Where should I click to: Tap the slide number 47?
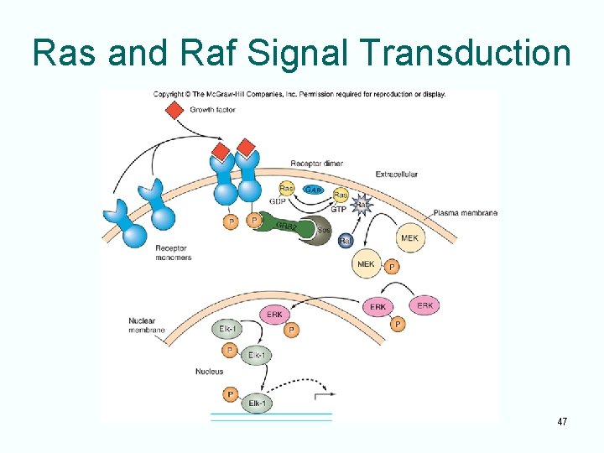[562, 421]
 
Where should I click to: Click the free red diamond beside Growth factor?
[174, 110]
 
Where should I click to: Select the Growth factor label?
[212, 110]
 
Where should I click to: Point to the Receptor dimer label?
[315, 164]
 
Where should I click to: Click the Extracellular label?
[397, 174]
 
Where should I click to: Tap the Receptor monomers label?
[174, 253]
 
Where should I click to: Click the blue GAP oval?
[313, 190]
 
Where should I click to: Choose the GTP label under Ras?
[339, 209]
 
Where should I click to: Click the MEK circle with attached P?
[367, 264]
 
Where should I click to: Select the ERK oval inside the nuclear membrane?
[273, 315]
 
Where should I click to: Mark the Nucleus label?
[209, 371]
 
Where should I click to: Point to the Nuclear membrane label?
[143, 325]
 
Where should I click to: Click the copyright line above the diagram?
[299, 94]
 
